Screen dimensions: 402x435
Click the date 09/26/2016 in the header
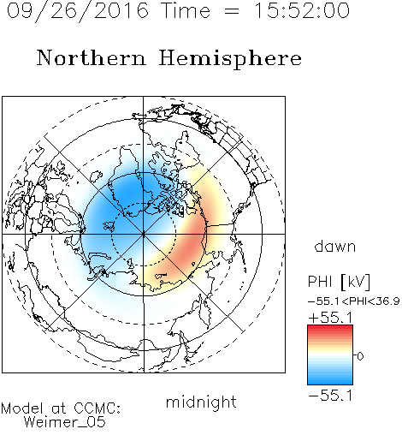(77, 10)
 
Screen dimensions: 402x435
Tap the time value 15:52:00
(301, 10)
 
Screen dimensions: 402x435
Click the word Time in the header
(186, 10)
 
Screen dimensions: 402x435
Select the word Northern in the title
(92, 57)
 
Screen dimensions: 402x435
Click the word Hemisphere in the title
(230, 59)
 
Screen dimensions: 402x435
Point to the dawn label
(335, 246)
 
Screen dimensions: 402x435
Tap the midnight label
(201, 402)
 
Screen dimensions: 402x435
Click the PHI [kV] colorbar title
(339, 282)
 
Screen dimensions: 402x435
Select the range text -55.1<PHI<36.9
(353, 301)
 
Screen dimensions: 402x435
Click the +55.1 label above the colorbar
(330, 318)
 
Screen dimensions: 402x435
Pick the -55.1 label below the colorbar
(330, 396)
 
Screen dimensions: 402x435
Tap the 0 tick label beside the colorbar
(360, 356)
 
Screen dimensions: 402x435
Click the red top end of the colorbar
(330, 327)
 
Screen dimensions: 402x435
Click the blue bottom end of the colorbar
(330, 382)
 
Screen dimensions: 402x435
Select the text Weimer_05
(64, 422)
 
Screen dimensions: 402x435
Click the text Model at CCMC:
(61, 408)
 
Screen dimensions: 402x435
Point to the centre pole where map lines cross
(144, 234)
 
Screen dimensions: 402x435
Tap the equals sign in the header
(232, 11)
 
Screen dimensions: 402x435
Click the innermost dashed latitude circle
(144, 203)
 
